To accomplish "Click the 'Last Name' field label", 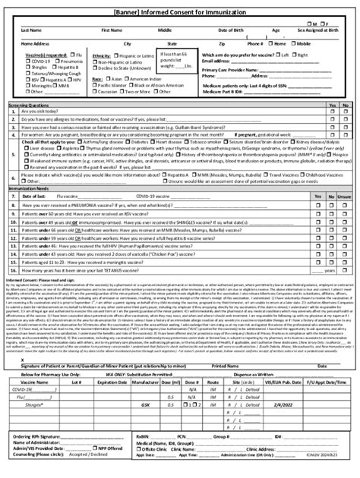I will click(31, 30).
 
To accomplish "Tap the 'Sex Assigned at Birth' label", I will click(317, 30).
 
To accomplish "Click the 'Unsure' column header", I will click(344, 195).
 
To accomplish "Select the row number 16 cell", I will click(14, 269).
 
